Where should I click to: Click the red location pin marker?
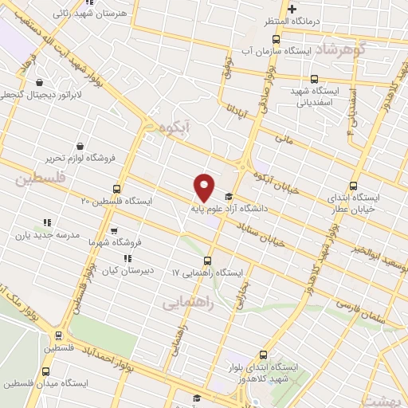pyautogui.click(x=204, y=187)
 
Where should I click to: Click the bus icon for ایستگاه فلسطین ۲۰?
pyautogui.click(x=117, y=190)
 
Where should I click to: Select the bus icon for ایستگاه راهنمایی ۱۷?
pyautogui.click(x=208, y=261)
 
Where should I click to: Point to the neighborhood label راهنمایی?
pyautogui.click(x=183, y=304)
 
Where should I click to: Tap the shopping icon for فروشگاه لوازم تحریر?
pyautogui.click(x=82, y=146)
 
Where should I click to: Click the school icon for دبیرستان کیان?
pyautogui.click(x=127, y=258)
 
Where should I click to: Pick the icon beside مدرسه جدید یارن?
pyautogui.click(x=47, y=222)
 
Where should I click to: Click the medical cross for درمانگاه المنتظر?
pyautogui.click(x=292, y=9)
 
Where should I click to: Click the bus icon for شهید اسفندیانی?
pyautogui.click(x=315, y=79)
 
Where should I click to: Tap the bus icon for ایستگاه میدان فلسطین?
pyautogui.click(x=45, y=371)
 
